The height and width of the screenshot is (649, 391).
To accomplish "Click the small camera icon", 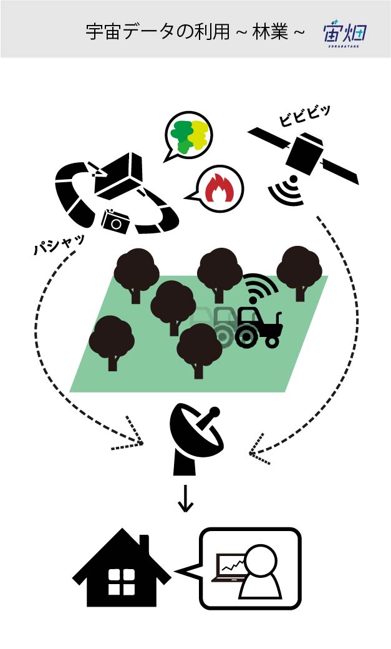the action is tap(115, 222).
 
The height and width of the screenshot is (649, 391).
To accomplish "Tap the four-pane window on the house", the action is tap(122, 582).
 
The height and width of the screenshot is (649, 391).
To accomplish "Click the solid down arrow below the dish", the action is tap(185, 499).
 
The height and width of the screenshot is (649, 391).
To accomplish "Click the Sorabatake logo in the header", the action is tap(345, 33).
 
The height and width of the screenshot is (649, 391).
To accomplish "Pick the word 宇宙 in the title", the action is tap(103, 32).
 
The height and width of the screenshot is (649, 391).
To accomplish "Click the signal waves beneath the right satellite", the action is tap(287, 190).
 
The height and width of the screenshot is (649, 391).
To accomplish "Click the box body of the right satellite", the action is tap(304, 154).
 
